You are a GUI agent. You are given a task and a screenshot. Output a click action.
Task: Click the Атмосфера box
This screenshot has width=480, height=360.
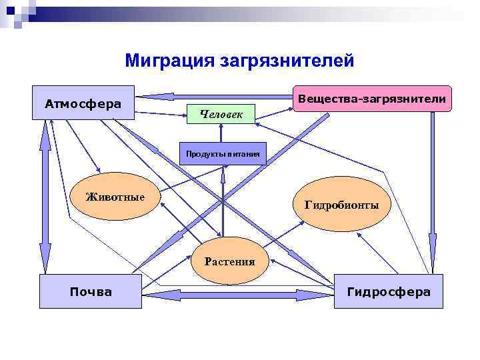tap(83, 103)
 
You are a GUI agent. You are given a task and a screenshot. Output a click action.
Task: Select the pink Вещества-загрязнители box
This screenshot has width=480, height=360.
tap(372, 99)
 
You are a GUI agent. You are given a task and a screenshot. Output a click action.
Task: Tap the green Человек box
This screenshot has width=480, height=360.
tap(221, 114)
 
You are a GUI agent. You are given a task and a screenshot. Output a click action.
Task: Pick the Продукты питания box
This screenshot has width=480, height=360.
tap(223, 154)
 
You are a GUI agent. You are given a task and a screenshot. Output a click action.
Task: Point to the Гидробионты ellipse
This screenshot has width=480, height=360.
tap(341, 205)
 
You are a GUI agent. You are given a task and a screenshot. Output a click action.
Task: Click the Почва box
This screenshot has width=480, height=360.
tap(91, 291)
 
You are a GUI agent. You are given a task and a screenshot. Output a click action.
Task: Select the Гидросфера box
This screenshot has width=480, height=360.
tap(388, 291)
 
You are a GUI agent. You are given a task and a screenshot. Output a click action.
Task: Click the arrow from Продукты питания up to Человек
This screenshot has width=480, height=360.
tap(221, 133)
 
